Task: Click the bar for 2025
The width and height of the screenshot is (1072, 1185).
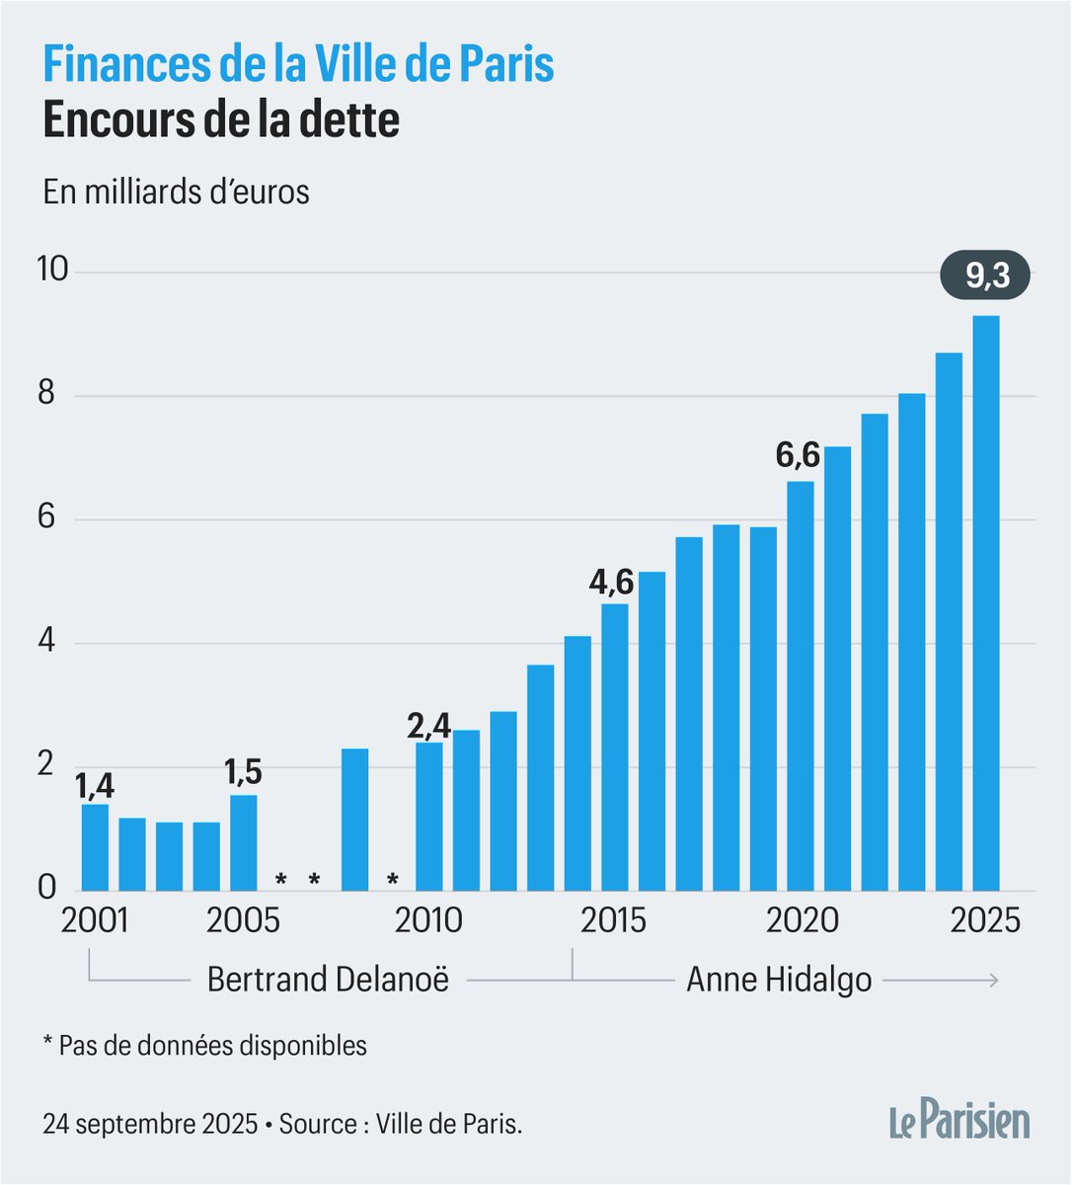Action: (x=985, y=602)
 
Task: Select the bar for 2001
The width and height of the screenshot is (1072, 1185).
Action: (x=95, y=847)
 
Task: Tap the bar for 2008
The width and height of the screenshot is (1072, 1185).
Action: (x=354, y=820)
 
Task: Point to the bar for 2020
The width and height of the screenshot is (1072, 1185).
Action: (x=800, y=685)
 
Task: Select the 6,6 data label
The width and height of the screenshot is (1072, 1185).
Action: (x=798, y=455)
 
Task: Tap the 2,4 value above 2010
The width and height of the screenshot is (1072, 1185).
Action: (x=428, y=726)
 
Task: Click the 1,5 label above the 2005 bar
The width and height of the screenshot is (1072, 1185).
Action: (x=243, y=770)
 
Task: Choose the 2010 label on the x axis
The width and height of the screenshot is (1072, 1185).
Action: (x=428, y=920)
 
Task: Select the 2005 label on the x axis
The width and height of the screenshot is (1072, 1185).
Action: (x=243, y=920)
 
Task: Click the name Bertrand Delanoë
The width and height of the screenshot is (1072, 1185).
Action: (x=328, y=980)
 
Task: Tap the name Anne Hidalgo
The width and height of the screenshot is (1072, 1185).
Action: (x=779, y=980)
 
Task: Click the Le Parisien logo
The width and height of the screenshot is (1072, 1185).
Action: (x=957, y=1123)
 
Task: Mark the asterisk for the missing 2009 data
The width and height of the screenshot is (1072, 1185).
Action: (x=392, y=879)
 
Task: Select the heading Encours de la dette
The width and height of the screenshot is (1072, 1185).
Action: (x=221, y=119)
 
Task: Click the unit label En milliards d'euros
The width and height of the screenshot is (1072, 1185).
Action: (x=176, y=192)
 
